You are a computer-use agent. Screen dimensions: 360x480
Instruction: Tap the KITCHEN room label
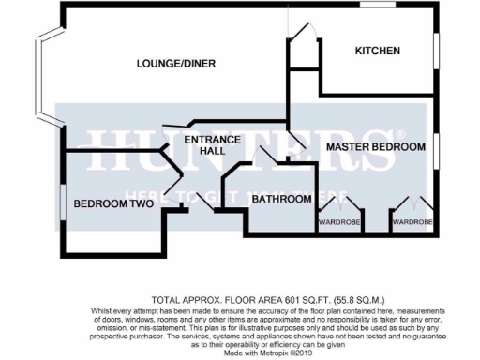tap(378, 51)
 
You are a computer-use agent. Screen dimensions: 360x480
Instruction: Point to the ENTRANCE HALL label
tap(212, 145)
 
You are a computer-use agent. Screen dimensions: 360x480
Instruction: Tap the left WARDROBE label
tap(336, 222)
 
